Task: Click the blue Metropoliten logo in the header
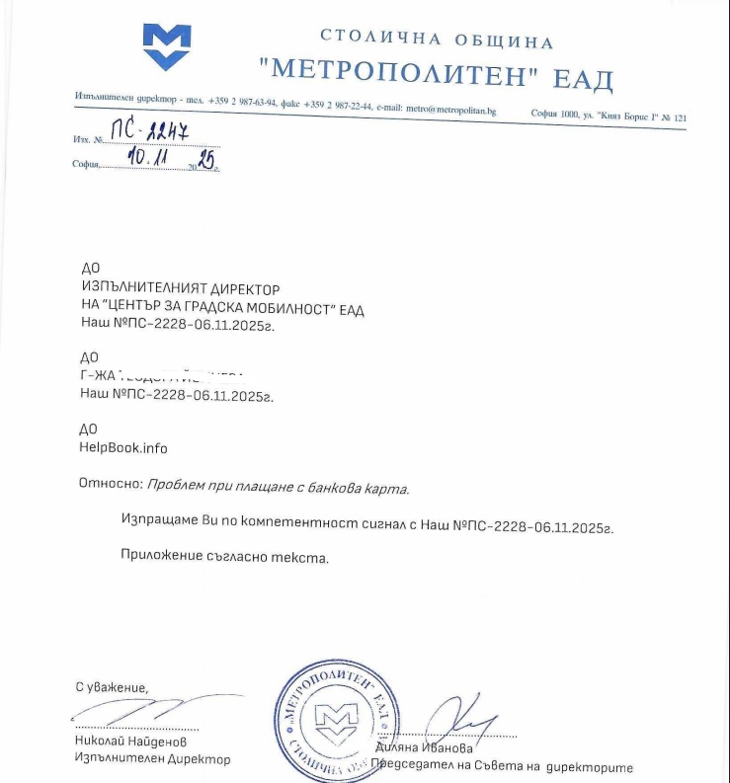166,44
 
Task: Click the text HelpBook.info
122,447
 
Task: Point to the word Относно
109,486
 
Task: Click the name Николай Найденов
129,741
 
